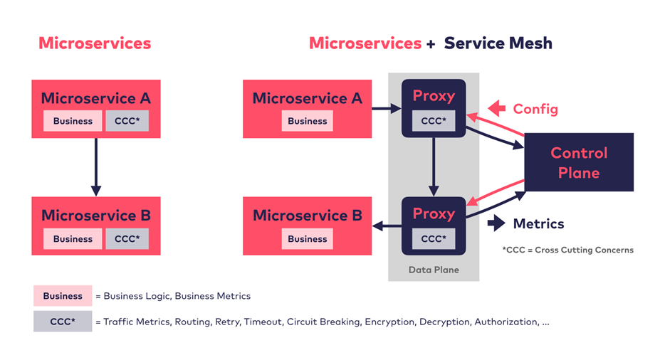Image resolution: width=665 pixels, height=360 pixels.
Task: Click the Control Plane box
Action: click(x=579, y=162)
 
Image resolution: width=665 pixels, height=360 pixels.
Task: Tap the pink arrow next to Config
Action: click(x=497, y=109)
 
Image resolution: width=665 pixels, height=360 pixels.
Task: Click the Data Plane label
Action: click(x=433, y=270)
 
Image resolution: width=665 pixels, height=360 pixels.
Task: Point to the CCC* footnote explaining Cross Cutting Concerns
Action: click(x=567, y=250)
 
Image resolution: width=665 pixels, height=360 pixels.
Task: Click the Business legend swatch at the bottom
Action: click(x=63, y=296)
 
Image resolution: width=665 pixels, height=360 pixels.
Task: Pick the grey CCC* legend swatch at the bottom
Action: click(x=63, y=322)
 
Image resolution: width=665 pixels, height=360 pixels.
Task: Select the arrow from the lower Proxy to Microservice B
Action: click(x=386, y=226)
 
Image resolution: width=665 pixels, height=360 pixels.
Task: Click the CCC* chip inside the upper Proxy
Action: click(x=434, y=121)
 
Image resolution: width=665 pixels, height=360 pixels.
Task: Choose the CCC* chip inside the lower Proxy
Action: click(x=434, y=239)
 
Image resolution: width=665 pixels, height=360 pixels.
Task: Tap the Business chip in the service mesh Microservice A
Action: click(x=308, y=121)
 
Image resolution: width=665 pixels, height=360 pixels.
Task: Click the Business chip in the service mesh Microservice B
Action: click(x=308, y=239)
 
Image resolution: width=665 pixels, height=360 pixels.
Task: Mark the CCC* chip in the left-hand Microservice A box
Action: click(x=127, y=121)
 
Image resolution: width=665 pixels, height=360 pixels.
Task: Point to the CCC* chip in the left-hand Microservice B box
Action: click(x=127, y=239)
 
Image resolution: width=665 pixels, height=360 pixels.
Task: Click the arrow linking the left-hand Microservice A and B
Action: click(x=96, y=166)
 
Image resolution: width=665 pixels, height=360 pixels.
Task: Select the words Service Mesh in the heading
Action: click(x=498, y=43)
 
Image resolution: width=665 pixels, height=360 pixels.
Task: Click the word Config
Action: click(x=535, y=109)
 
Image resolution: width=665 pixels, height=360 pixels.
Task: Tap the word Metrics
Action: click(x=538, y=223)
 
